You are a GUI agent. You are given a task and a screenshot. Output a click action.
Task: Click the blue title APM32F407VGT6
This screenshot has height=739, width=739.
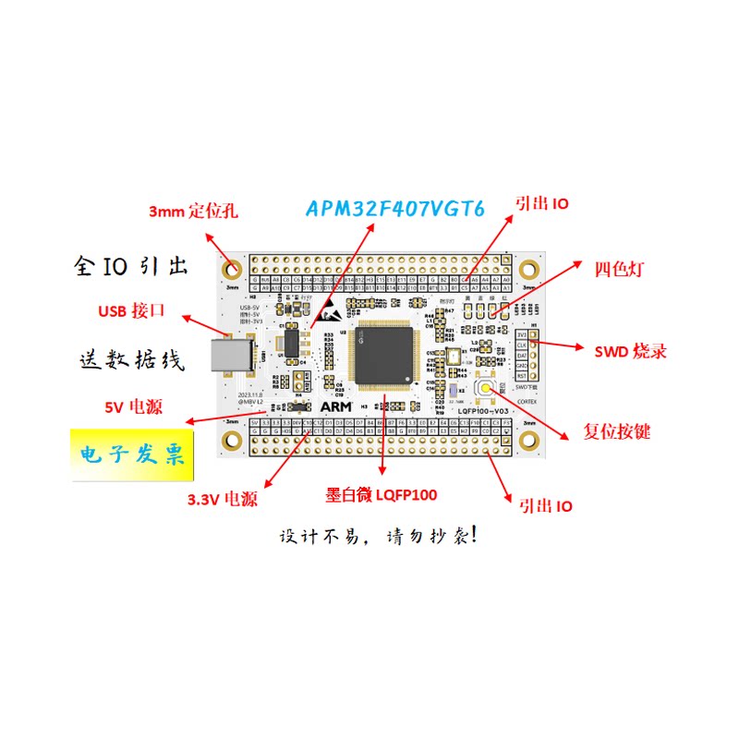coord(394,209)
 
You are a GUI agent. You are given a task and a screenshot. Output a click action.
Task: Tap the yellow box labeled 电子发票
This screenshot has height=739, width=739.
coord(132,454)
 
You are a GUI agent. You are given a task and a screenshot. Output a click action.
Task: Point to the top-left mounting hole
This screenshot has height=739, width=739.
coord(232,271)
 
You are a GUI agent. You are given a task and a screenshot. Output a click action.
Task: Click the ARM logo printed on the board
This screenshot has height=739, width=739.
coord(333,406)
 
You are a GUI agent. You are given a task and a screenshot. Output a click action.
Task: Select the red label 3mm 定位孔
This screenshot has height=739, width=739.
coord(193,212)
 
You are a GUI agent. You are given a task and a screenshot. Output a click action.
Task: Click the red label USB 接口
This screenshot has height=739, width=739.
coord(131,310)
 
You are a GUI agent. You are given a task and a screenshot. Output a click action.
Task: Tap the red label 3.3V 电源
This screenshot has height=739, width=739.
coord(222,501)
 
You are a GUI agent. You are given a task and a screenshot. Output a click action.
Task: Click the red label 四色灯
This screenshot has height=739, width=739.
coord(619,269)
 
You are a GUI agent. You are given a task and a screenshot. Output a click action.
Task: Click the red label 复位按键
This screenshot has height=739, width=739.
coord(616,431)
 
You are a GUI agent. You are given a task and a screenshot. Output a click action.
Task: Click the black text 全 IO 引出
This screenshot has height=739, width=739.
coord(130,266)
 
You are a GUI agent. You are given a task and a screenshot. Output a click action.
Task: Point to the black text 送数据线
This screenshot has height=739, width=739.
coord(130,357)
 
